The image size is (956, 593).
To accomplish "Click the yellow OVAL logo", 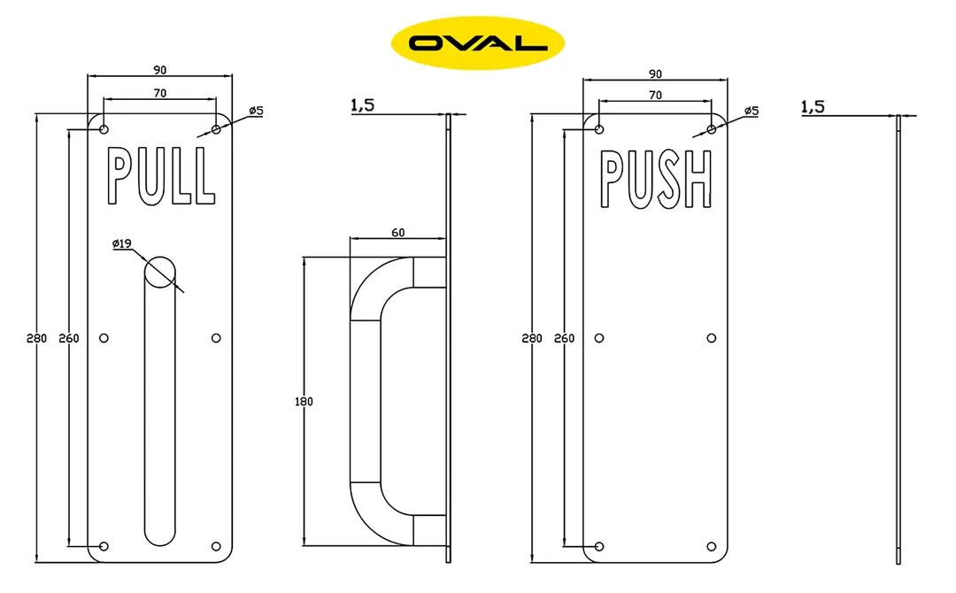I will click(x=477, y=42).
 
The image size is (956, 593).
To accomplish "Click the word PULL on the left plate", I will click(x=160, y=176).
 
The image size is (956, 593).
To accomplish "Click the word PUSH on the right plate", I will click(x=656, y=179).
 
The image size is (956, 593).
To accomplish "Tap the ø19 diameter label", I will click(x=124, y=244).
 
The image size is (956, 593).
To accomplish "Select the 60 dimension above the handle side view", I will click(x=397, y=233).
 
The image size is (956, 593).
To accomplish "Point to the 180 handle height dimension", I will click(x=304, y=401).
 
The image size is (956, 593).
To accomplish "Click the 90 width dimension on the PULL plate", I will click(x=160, y=70).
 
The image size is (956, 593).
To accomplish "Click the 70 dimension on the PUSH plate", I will click(x=655, y=94).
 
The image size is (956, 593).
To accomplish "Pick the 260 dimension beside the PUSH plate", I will click(x=563, y=338).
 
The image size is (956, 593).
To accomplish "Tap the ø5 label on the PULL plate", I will click(x=256, y=111).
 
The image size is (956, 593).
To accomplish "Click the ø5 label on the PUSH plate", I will click(x=752, y=111).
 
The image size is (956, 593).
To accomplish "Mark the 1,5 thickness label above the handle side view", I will click(x=363, y=105).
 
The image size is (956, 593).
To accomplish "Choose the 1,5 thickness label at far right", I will click(x=812, y=106).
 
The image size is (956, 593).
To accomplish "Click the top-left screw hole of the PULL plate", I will click(x=104, y=129).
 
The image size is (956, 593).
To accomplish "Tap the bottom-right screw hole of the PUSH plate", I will click(x=712, y=546).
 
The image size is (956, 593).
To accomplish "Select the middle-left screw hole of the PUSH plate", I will click(x=599, y=338).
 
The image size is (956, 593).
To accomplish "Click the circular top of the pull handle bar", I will click(x=160, y=272).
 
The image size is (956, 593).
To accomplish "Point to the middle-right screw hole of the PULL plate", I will click(x=216, y=338).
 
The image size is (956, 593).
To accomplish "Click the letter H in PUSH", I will click(x=698, y=180).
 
